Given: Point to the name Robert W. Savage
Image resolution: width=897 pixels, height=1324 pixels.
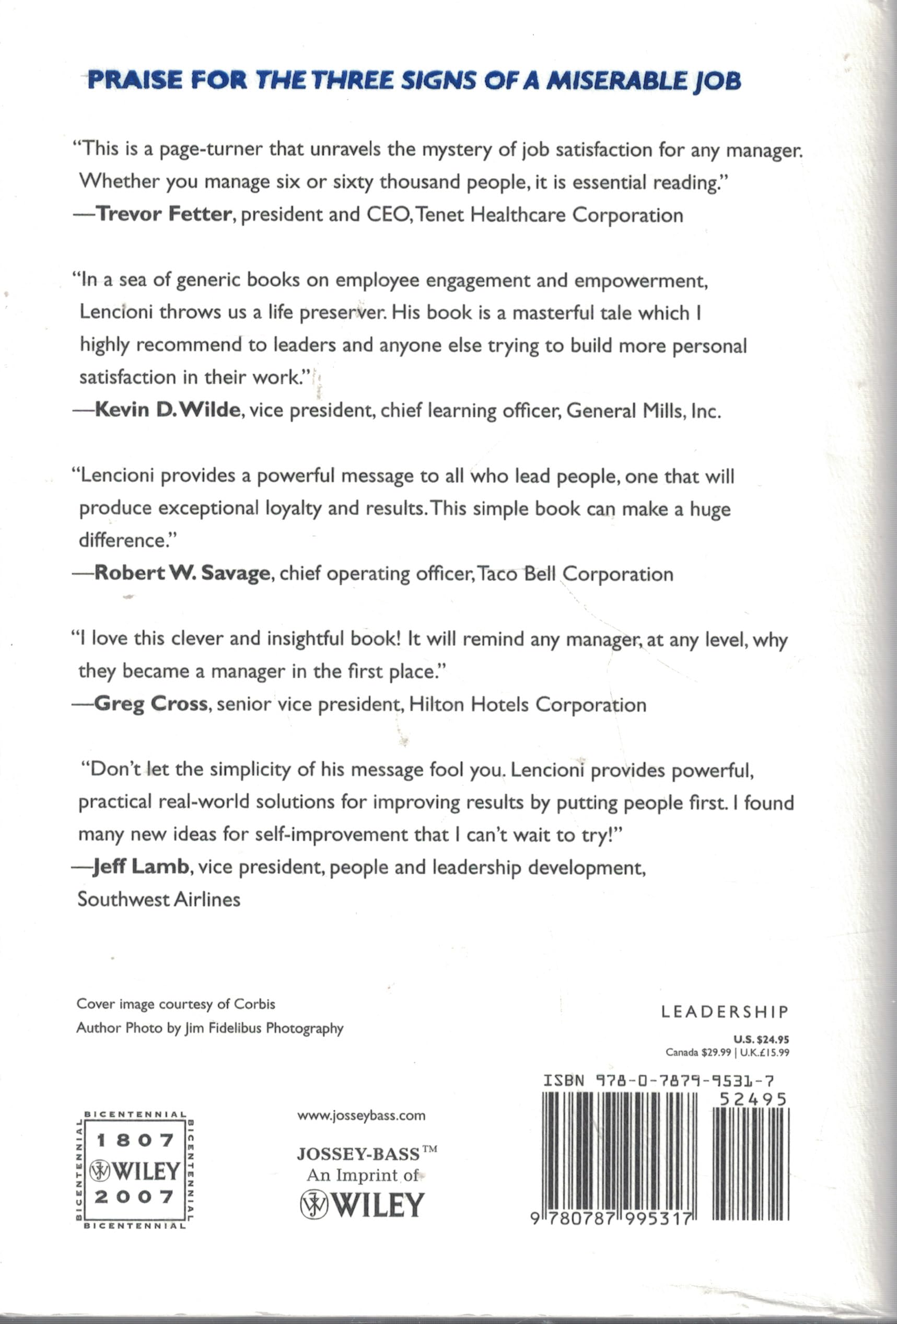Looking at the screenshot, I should (182, 573).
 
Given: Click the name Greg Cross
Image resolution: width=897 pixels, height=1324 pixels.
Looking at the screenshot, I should (151, 705).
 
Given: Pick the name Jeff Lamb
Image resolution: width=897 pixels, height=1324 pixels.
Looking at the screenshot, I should (141, 867).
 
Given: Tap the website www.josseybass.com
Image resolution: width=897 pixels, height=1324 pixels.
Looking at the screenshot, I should (362, 1116).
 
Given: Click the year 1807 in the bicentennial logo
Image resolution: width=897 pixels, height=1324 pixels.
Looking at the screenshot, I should (134, 1140).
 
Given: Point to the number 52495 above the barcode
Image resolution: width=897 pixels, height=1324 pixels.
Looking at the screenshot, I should (752, 1099).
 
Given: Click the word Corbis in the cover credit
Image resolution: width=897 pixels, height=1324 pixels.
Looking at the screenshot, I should (259, 1004).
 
